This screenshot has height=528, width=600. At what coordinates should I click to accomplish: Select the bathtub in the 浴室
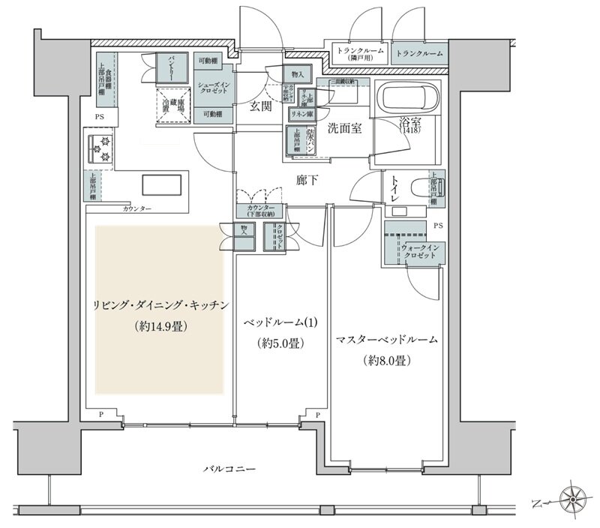point(409,98)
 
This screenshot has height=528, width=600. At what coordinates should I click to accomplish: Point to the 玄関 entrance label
point(260,107)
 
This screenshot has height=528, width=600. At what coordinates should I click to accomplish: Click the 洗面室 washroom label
point(344,128)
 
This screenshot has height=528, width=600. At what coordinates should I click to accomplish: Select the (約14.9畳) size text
point(160,326)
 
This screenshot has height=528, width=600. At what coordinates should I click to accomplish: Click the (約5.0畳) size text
point(283,344)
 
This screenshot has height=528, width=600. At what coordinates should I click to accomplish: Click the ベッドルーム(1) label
point(282,322)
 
